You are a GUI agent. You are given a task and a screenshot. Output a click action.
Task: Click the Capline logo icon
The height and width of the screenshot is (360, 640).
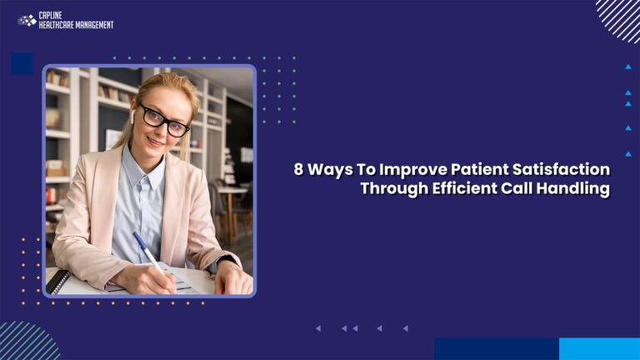pos(27,20)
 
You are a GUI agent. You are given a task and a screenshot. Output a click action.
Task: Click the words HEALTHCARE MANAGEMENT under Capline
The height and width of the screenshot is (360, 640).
pos(76,25)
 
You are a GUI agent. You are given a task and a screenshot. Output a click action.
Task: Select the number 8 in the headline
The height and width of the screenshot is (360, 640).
pos(298,169)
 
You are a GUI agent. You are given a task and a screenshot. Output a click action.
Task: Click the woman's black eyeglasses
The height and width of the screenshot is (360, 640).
pos(164,120)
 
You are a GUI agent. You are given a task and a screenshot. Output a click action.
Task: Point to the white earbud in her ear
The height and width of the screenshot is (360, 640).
pos(132,117)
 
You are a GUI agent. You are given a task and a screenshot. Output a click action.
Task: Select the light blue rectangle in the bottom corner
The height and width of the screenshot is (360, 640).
pos(599,348)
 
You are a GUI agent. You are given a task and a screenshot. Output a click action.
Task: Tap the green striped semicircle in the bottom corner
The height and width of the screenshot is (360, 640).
pos(25,343)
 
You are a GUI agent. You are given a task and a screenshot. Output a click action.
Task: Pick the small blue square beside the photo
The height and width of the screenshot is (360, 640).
pos(22,63)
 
